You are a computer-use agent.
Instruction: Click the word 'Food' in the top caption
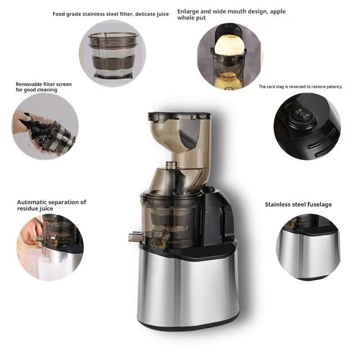tap(58, 14)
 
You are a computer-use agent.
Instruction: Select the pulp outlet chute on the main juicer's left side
tap(135, 237)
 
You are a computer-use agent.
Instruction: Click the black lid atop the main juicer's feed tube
tap(179, 116)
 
